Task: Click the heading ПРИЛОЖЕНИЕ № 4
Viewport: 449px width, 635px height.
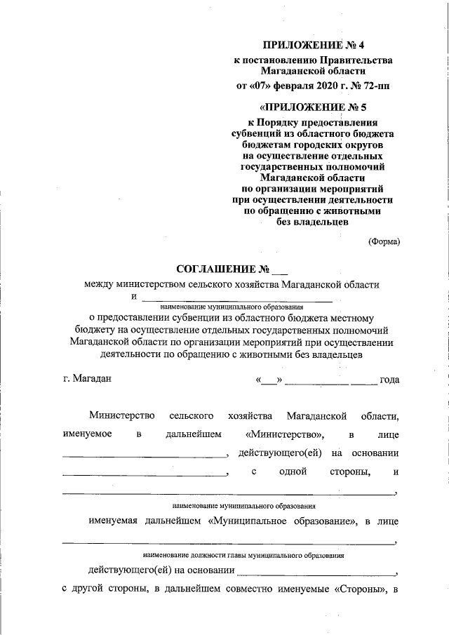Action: (x=314, y=46)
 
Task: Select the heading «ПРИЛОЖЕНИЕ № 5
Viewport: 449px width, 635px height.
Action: (x=314, y=107)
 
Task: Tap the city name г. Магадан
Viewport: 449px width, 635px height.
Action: (x=87, y=379)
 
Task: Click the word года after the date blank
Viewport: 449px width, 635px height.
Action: (x=389, y=380)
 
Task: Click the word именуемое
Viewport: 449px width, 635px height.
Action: (x=86, y=434)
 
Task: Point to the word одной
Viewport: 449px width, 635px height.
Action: (x=294, y=472)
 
